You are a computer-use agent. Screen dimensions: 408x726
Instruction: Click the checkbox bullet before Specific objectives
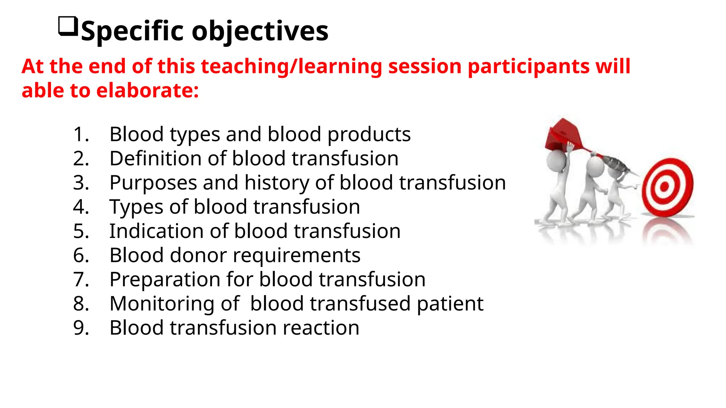point(68,26)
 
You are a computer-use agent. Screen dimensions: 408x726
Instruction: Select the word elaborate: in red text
point(147,91)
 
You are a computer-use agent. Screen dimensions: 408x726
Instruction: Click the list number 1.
point(81,135)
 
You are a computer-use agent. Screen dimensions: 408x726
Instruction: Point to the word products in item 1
point(369,135)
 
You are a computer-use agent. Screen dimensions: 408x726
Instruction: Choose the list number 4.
point(81,207)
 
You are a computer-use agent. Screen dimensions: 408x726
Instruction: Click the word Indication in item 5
point(156,231)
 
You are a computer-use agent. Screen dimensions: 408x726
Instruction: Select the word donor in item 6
point(198,255)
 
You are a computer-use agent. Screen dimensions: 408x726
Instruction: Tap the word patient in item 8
point(449,304)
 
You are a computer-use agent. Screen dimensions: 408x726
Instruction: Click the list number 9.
point(81,328)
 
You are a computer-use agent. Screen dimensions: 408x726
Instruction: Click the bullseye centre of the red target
point(664,186)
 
